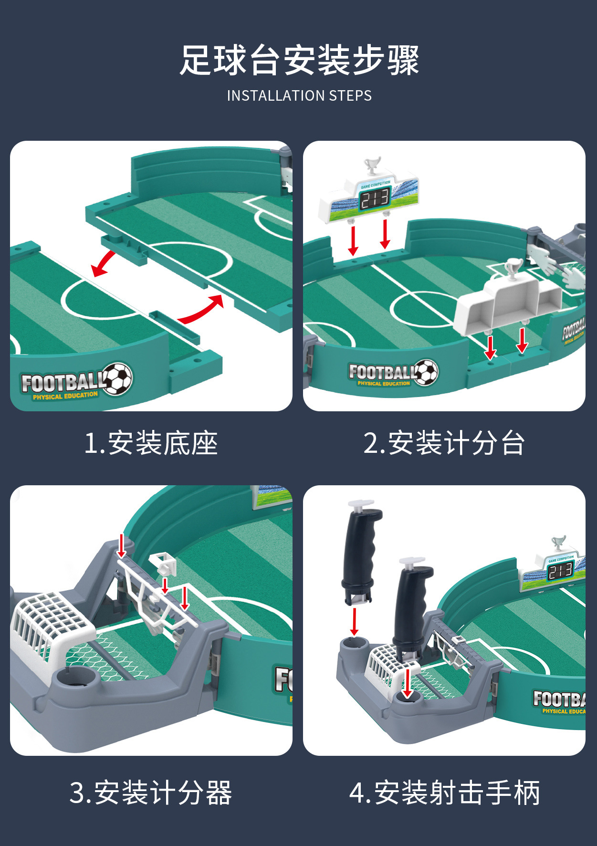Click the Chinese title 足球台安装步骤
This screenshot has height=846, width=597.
[299, 60]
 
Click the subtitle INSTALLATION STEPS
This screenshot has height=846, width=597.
[299, 96]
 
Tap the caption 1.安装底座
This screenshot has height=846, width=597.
[151, 443]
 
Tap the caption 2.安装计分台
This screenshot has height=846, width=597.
[444, 443]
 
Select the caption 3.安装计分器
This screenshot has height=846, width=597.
[151, 793]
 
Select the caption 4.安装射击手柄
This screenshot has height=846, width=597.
[444, 793]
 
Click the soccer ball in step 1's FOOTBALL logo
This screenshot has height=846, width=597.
[118, 379]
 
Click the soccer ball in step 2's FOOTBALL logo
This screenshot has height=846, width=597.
[426, 372]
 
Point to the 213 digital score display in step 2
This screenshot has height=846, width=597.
[375, 199]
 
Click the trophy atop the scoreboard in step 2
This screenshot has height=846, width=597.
[372, 166]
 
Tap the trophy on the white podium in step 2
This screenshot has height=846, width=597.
[513, 268]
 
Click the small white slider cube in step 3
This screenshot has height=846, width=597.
[163, 564]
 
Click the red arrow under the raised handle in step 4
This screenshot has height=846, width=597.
[354, 621]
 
